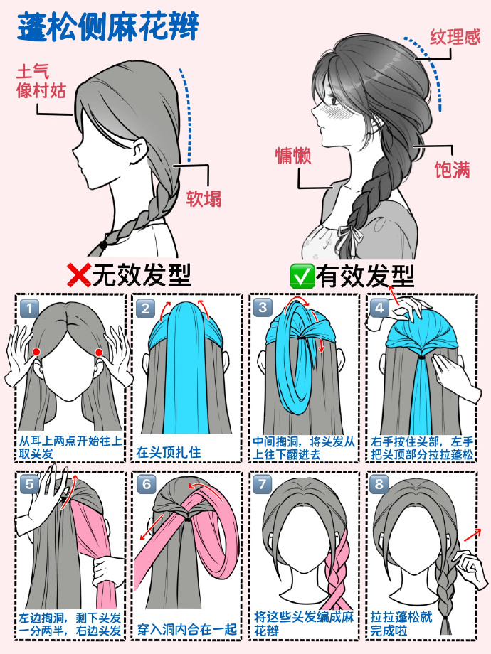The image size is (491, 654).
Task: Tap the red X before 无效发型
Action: coord(79,276)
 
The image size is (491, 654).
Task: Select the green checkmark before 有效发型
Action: coord(302,276)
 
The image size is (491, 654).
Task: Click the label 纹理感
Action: coord(455,38)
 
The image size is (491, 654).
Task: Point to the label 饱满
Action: coord(452,170)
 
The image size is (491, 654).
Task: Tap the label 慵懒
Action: coord(293,156)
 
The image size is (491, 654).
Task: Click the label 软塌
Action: coord(204,198)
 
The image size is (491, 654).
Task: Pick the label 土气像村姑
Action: coord(41,81)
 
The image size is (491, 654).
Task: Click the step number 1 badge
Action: coord(29,309)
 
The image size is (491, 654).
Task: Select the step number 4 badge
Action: coord(379,309)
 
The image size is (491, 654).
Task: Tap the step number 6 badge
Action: coord(146,485)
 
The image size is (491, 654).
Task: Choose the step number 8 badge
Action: coord(379,485)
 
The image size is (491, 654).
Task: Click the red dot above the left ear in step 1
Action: coord(36,351)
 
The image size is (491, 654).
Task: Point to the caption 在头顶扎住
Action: coord(168,452)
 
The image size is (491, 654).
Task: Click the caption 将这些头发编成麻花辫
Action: coord(304,623)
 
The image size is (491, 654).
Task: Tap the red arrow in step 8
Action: coord(472,535)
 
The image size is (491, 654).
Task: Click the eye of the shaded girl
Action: coord(335,100)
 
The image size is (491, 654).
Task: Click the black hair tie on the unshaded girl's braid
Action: coord(104,245)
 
